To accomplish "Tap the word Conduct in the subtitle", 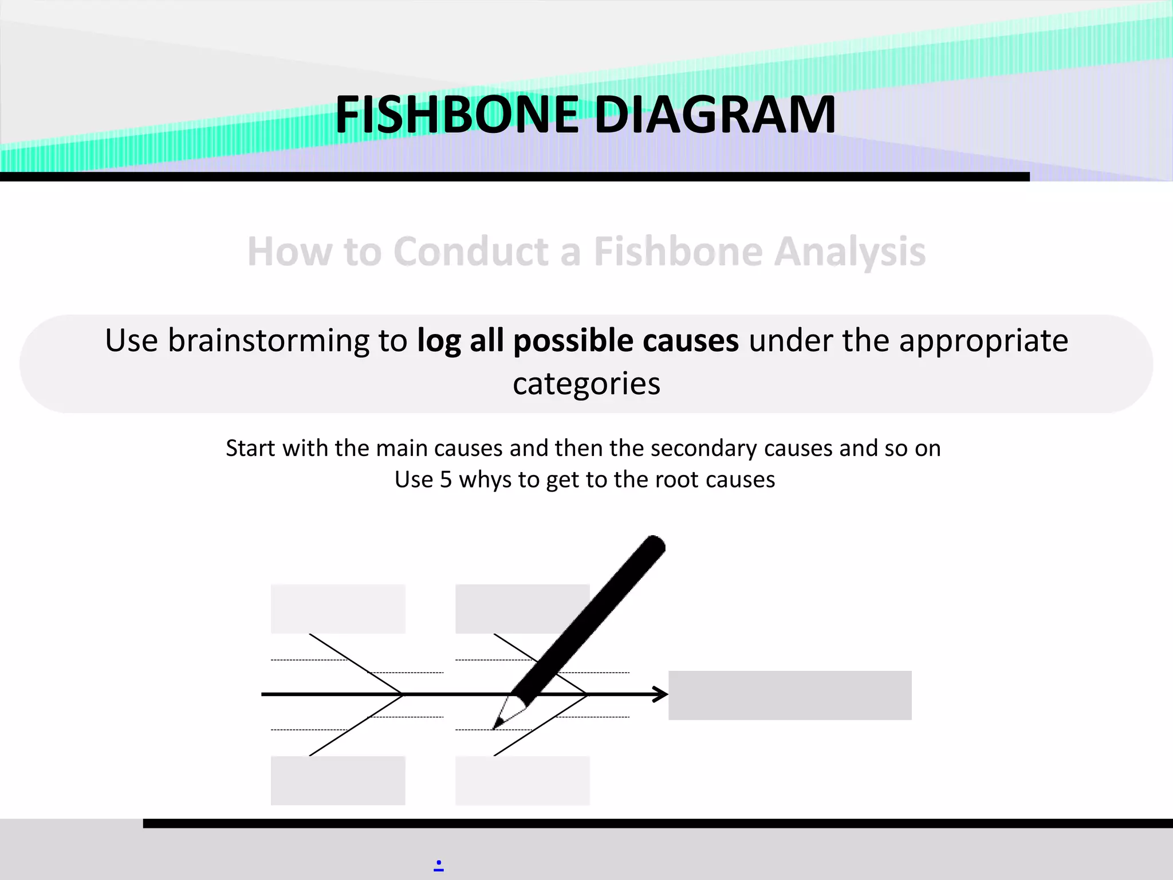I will pyautogui.click(x=471, y=252).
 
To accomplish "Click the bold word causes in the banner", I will pyautogui.click(x=691, y=340).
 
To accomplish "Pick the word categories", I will pyautogui.click(x=586, y=383).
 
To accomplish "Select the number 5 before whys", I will pyautogui.click(x=446, y=480).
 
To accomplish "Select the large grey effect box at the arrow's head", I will pyautogui.click(x=790, y=695).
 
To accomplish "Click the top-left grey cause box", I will pyautogui.click(x=338, y=608).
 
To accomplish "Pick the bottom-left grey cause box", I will pyautogui.click(x=338, y=780).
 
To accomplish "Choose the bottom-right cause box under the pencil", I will pyautogui.click(x=522, y=780).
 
